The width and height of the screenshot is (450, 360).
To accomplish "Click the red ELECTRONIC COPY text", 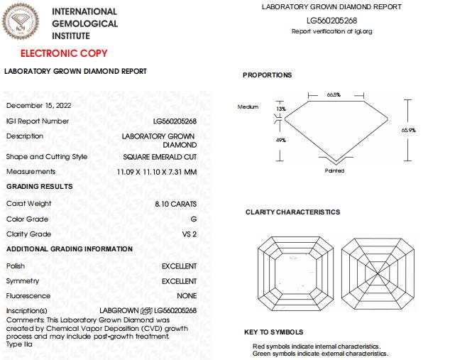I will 63,53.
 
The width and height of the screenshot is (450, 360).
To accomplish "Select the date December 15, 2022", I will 38,105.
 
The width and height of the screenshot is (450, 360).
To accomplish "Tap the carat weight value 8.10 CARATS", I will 175,204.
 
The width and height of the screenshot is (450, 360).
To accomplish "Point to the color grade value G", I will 194,219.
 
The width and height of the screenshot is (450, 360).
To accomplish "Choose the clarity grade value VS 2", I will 190,234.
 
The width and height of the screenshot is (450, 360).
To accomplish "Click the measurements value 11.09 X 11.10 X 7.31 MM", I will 157,172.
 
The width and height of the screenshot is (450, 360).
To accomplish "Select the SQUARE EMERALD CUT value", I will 160,157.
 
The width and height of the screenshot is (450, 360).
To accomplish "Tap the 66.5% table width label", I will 334,94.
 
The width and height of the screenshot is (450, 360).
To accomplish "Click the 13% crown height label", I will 281,109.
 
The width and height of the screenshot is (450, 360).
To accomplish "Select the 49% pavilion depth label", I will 281,140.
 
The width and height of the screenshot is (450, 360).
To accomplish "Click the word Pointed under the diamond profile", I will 334,170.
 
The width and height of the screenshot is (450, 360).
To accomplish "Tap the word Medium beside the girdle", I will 248,107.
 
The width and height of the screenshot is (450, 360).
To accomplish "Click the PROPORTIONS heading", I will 267,75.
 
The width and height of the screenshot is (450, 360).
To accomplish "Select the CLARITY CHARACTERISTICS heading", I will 292,212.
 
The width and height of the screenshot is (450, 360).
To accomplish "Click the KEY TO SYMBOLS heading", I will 273,332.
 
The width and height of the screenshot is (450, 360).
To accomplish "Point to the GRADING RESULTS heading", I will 39,186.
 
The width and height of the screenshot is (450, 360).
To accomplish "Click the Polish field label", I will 16,266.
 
